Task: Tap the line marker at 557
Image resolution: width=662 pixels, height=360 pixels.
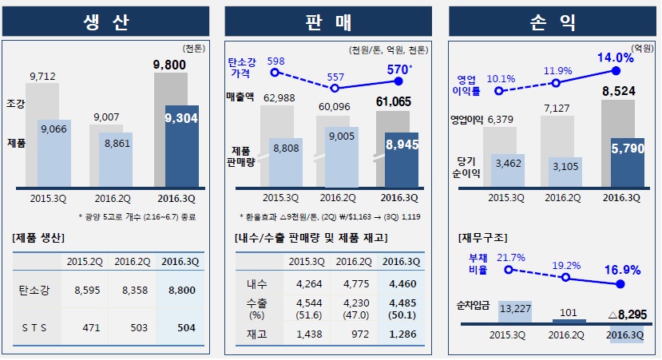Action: point(336,87)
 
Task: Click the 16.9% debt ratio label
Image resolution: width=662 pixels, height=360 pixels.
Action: point(622,270)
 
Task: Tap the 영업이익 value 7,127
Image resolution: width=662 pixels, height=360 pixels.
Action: point(557,107)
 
